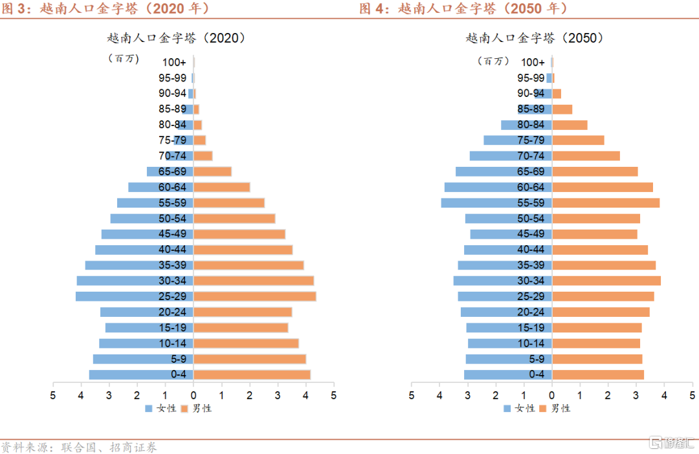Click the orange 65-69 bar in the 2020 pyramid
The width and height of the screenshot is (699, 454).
[213, 171]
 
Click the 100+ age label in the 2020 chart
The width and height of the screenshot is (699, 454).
[174, 62]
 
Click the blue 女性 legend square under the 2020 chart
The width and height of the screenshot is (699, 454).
[148, 408]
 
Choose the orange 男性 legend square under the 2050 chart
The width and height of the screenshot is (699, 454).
[543, 408]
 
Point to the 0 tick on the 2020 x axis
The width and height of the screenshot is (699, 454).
[194, 394]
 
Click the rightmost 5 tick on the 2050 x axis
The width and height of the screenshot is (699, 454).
[692, 394]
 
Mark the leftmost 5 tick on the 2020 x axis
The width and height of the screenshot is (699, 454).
[53, 394]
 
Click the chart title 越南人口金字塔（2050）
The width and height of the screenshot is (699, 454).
[535, 38]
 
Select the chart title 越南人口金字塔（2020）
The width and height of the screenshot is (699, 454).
[176, 38]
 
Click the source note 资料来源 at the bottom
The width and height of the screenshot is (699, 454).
[78, 447]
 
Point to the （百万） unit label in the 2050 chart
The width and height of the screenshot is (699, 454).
[493, 61]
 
